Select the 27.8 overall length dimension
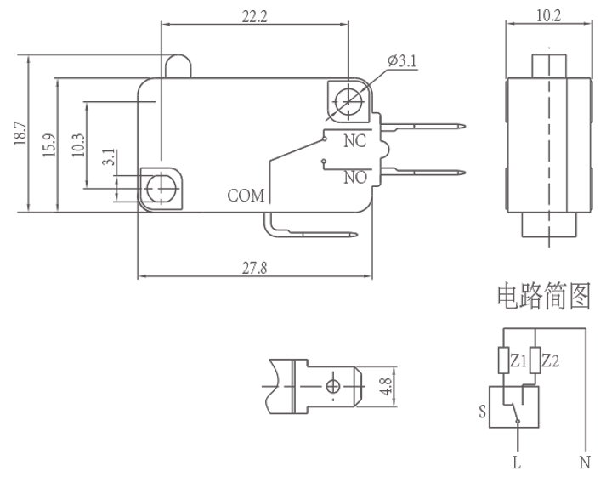coord(254,268)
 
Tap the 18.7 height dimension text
coord(20,134)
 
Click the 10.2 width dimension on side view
coord(548,14)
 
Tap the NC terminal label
coord(354,141)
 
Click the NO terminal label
coord(355,178)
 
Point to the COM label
coord(246,196)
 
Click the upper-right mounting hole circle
coord(347,100)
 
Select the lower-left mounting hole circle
coord(160,185)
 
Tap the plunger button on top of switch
coord(178,66)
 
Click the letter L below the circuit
coord(516,463)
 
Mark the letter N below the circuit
coord(585,463)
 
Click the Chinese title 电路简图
coord(543,296)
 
